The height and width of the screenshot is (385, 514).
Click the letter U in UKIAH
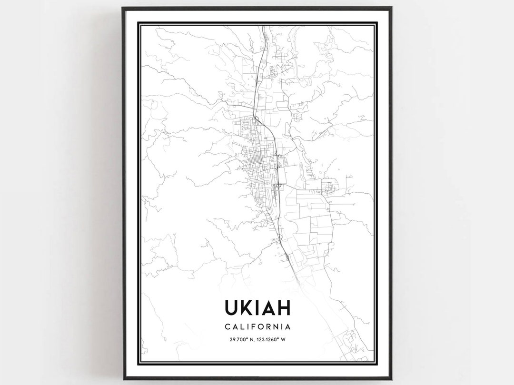click(x=231, y=307)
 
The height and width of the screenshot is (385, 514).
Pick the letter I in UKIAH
click(x=258, y=307)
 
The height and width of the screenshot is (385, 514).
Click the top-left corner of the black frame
click(x=123, y=8)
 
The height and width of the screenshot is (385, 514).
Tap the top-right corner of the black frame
click(x=391, y=8)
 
